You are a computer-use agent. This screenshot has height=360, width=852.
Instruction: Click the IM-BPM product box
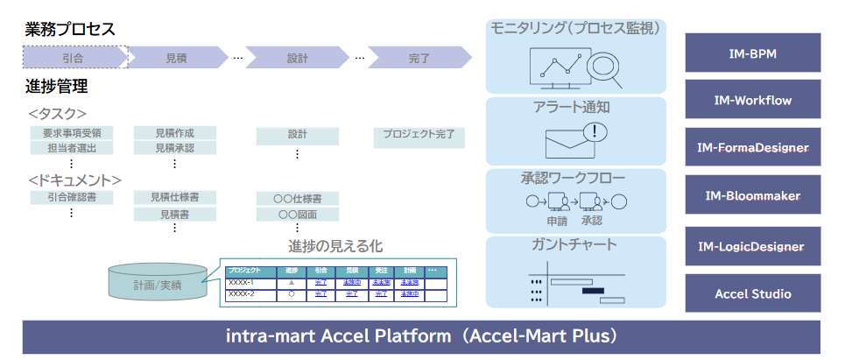pos(752,53)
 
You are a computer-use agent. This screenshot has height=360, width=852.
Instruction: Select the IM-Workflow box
pos(752,100)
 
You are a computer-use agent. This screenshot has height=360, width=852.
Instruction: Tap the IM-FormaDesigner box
pos(752,147)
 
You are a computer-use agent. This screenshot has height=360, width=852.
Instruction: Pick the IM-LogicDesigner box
pos(752,245)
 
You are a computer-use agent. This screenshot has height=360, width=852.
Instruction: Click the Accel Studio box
pos(752,293)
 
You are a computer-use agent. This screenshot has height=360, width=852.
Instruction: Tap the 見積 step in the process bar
pos(176,58)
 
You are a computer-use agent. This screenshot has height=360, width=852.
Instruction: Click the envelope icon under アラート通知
pos(570,143)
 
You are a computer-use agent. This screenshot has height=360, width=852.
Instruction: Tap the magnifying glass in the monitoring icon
pos(602,67)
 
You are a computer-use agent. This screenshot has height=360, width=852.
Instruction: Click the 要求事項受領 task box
pos(71,133)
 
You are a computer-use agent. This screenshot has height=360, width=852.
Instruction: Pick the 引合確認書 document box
pos(71,197)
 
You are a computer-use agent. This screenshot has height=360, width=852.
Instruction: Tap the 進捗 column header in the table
pos(292,271)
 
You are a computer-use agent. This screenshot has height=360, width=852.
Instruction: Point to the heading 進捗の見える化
pos(335,246)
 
